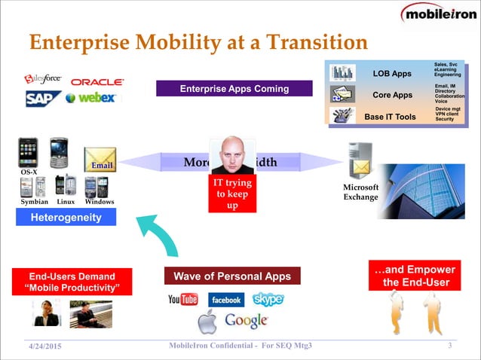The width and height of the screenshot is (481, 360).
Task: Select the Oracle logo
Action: [97, 82]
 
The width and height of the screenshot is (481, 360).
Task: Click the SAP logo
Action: [42, 99]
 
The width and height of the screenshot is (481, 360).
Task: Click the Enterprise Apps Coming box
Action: [234, 89]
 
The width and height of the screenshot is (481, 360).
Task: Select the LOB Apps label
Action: [392, 74]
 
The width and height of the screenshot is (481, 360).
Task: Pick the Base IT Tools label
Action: [390, 117]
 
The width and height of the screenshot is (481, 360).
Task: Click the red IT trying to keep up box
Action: [232, 194]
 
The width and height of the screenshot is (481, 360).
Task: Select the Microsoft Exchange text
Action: [360, 192]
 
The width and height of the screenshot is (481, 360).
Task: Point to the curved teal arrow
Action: [161, 235]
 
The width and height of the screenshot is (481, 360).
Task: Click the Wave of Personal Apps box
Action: [233, 276]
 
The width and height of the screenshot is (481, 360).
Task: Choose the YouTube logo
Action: [183, 300]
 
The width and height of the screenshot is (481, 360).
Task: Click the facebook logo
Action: [225, 300]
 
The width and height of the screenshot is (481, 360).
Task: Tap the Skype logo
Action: [268, 299]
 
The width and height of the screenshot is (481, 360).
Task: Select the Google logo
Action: [246, 321]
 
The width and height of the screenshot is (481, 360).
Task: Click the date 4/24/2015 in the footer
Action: [44, 346]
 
